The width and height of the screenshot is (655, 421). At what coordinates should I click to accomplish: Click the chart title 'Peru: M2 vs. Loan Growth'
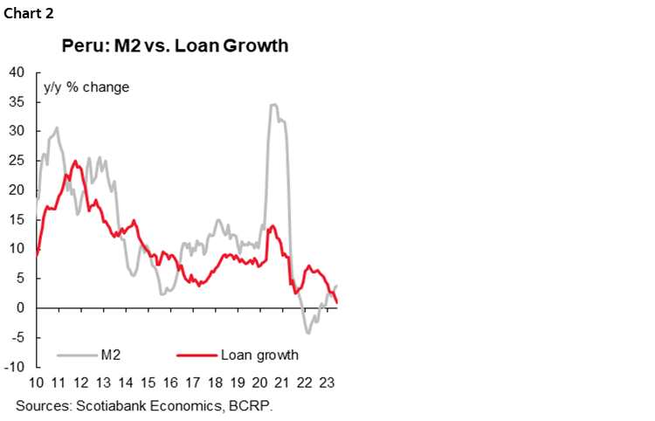[174, 45]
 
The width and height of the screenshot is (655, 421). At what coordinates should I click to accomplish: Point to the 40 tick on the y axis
[17, 72]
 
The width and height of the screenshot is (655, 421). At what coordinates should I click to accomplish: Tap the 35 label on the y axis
[17, 101]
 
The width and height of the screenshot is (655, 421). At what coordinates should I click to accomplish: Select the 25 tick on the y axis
[17, 161]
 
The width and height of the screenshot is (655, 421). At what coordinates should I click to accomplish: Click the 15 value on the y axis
[17, 219]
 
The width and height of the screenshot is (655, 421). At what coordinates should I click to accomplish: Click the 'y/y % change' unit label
[86, 87]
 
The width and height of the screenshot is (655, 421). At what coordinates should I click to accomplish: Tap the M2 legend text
[111, 355]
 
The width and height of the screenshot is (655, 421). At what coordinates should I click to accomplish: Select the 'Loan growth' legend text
[259, 355]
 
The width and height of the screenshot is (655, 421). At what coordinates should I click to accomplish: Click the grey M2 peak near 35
[273, 105]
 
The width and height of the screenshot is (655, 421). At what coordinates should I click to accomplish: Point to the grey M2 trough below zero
[308, 332]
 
